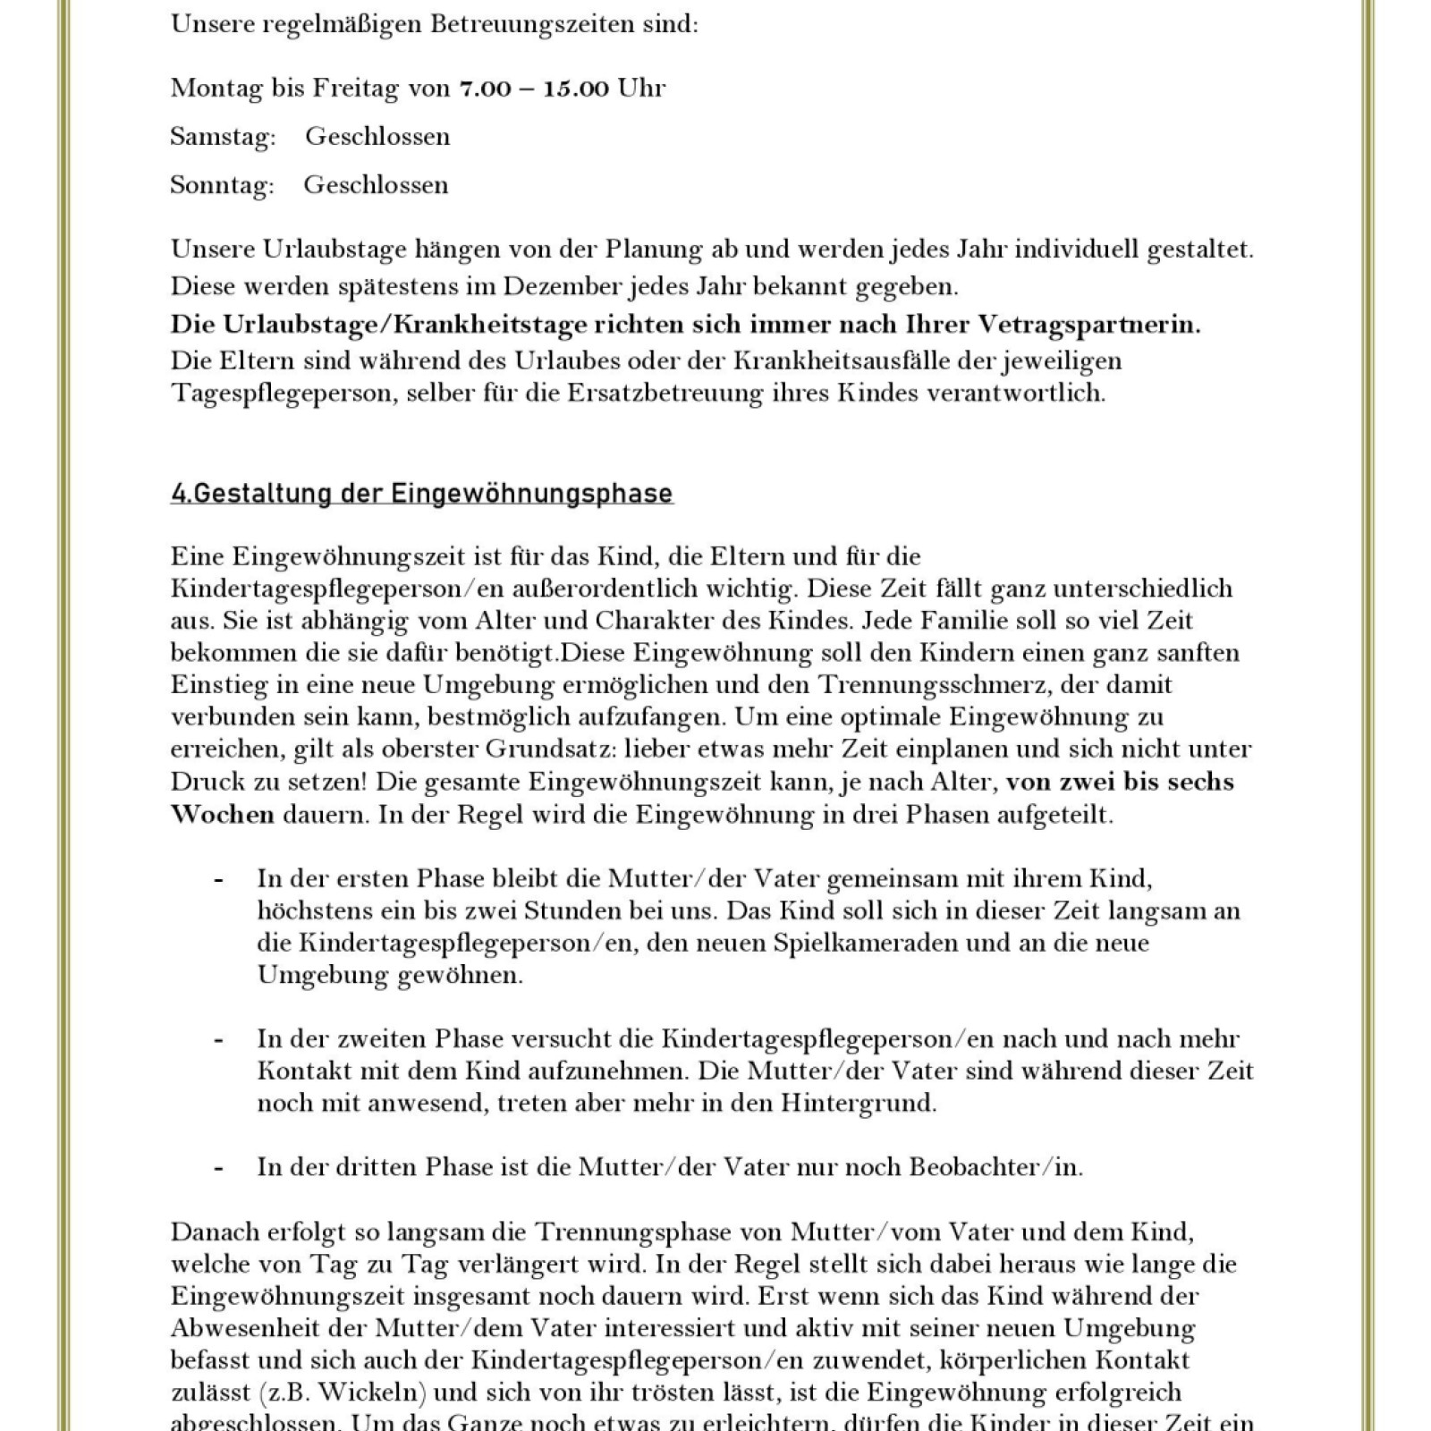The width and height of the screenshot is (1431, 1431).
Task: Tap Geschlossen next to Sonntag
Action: click(x=376, y=185)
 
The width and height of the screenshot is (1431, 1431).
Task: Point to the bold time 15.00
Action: click(x=576, y=88)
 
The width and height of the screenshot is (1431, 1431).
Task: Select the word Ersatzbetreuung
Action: click(x=665, y=394)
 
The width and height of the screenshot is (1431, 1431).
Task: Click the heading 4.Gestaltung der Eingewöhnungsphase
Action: click(x=421, y=494)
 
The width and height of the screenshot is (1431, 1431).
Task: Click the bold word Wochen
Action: click(x=223, y=815)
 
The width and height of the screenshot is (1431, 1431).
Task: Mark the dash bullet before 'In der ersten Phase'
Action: click(x=218, y=879)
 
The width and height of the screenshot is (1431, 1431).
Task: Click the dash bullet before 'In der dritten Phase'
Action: click(x=218, y=1168)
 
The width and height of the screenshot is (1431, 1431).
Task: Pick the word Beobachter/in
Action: click(x=995, y=1167)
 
